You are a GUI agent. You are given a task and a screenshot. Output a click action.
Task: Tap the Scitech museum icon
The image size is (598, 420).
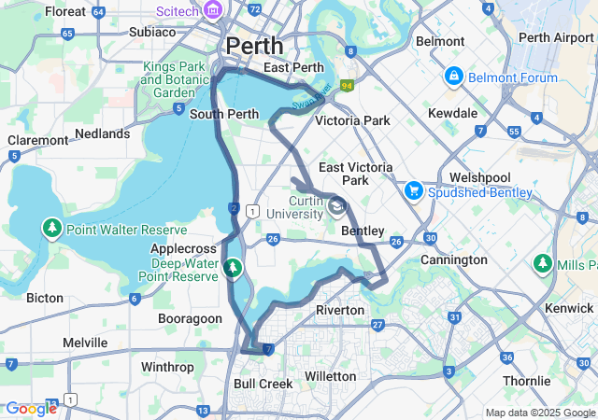[213, 10]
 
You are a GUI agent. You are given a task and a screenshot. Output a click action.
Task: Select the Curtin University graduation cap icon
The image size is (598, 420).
[336, 205]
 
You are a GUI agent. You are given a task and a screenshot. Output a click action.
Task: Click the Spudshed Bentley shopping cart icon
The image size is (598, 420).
[413, 191]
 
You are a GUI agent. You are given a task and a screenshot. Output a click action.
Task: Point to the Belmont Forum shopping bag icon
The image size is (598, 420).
[453, 75]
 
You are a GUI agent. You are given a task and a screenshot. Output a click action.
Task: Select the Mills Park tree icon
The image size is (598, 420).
[542, 265]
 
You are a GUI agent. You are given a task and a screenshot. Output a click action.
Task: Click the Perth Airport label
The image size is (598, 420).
[555, 37]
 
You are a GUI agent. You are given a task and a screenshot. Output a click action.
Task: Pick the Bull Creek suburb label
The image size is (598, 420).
[263, 384]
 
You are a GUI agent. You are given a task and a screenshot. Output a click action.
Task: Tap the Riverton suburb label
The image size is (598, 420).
[339, 310]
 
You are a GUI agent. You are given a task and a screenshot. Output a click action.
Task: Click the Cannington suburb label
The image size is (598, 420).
[454, 259]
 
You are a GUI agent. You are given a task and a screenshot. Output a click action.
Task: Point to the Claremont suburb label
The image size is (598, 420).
[37, 140]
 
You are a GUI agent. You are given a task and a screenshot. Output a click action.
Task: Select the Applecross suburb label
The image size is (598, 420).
[183, 249]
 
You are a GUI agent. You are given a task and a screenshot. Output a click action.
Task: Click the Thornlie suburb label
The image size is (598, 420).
[528, 381]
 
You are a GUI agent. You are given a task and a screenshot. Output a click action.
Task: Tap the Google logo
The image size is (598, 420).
[31, 408]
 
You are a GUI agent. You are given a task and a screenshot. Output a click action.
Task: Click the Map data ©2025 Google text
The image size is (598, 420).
[539, 413]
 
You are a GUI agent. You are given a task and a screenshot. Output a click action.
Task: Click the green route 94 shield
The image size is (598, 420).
[347, 86]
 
